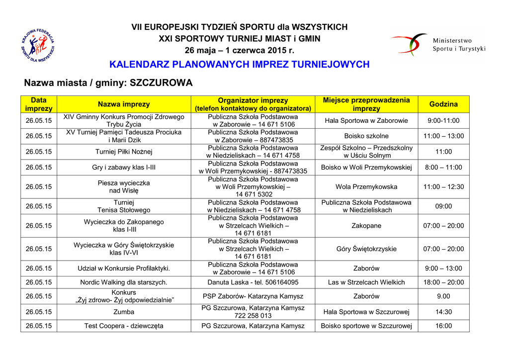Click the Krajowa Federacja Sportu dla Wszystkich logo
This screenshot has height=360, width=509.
point(38,45)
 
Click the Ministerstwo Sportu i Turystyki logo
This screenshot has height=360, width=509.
point(438,44)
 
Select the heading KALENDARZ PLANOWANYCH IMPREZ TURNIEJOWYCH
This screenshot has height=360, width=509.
point(239,65)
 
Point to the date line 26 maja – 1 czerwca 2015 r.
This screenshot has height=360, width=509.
point(239,50)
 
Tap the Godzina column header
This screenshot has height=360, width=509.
point(443,104)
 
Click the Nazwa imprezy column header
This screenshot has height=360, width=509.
point(124,104)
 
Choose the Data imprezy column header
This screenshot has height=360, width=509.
point(39,104)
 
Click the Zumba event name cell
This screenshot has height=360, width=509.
point(124,312)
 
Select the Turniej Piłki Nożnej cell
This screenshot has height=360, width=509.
point(124,151)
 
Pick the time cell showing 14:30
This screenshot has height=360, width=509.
point(443,312)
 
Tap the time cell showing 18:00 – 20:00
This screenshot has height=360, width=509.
point(443,282)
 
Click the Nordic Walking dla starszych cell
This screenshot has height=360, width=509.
point(124,282)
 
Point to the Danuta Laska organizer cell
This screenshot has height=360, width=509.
point(253,282)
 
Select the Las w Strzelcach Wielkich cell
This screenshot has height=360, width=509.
point(366,282)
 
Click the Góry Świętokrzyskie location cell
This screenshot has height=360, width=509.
point(366,249)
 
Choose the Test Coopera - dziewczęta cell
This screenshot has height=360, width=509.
point(124,326)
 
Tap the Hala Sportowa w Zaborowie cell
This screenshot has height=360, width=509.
point(366,120)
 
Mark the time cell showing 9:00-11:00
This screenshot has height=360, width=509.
point(443,120)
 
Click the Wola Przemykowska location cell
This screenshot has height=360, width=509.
point(366,187)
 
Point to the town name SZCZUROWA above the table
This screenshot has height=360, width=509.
point(161,83)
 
